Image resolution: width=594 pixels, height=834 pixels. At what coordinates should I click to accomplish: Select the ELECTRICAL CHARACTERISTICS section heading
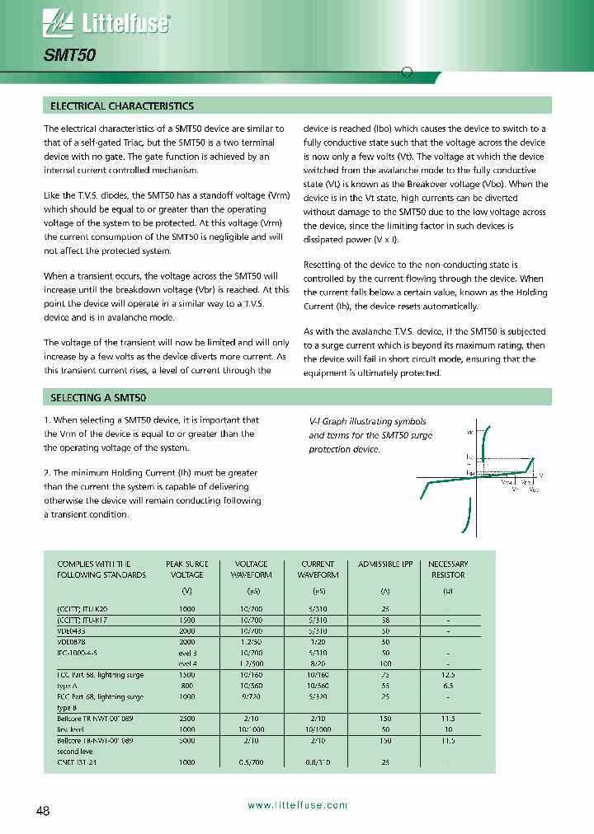(x=122, y=106)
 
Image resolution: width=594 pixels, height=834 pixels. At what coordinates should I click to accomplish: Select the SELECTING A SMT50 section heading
(x=98, y=397)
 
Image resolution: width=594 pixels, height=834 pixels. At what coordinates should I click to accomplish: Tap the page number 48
(x=43, y=811)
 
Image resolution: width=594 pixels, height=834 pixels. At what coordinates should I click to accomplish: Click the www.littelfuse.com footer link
(x=297, y=805)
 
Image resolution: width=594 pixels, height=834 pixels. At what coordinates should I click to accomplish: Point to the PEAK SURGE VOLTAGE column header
(x=186, y=569)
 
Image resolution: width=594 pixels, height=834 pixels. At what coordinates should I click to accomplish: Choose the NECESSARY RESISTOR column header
(x=448, y=569)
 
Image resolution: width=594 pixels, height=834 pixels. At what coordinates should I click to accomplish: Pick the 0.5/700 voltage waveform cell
(x=252, y=762)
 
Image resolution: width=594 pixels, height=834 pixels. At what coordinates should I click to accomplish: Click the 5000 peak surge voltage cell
(x=186, y=741)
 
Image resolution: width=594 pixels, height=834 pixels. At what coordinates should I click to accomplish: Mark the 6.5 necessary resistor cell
(x=448, y=685)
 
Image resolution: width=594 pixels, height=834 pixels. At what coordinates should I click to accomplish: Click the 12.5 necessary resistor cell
(x=448, y=674)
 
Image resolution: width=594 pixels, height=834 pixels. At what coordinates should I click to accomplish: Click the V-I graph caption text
(x=370, y=435)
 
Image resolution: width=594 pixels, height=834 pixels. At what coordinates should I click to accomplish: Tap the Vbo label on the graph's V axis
(x=532, y=490)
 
